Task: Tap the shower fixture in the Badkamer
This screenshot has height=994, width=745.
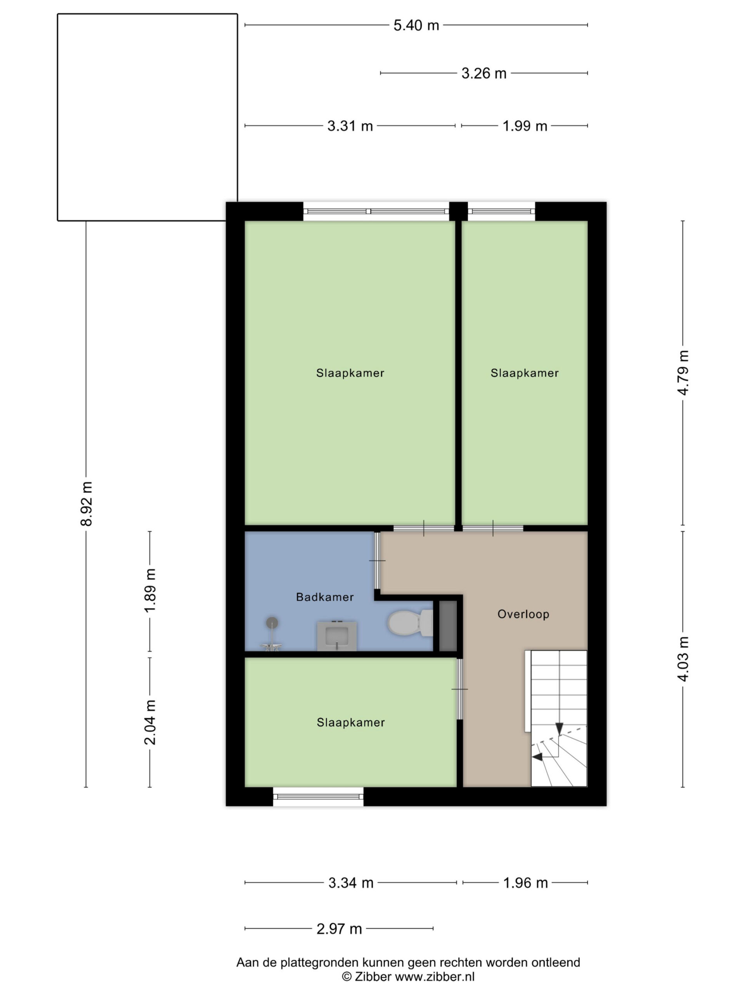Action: pos(271,634)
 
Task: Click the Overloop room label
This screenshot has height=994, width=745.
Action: pos(523,614)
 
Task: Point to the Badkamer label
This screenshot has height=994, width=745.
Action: pos(325,597)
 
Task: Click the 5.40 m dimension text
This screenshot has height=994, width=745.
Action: pos(416,25)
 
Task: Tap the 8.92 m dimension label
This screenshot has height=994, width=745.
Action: pos(86,503)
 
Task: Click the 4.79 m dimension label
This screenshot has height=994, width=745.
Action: pos(683,372)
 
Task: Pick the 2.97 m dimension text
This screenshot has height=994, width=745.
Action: pos(339,928)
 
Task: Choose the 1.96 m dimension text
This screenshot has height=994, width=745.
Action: pos(525,883)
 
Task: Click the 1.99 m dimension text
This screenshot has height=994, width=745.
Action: pos(525,126)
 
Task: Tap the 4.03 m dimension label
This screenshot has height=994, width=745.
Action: pos(683,659)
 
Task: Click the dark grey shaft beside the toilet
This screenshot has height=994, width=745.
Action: pos(448,626)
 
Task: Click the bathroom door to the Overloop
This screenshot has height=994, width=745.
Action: pos(377,561)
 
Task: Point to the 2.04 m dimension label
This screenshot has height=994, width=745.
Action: pos(150,722)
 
